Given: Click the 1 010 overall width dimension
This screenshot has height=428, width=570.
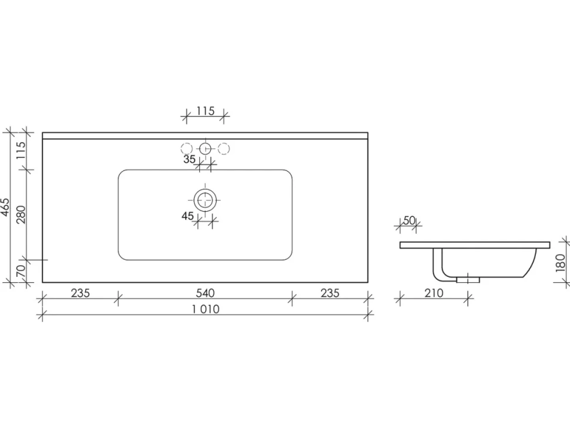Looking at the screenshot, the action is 206,309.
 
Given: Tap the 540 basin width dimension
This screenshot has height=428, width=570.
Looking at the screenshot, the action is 206,293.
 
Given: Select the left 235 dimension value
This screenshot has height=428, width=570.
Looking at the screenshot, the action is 80,293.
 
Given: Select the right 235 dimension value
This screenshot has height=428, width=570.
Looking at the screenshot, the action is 330,293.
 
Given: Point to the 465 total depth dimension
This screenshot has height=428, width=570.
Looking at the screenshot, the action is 5,208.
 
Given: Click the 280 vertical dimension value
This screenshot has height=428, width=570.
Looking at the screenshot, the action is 21,215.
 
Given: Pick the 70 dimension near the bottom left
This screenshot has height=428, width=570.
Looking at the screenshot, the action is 21,270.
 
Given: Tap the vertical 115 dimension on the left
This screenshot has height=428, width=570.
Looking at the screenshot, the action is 21,150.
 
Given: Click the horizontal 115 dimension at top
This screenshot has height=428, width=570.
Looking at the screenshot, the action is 206,111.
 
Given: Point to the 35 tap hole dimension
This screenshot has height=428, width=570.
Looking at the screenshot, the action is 189,159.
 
